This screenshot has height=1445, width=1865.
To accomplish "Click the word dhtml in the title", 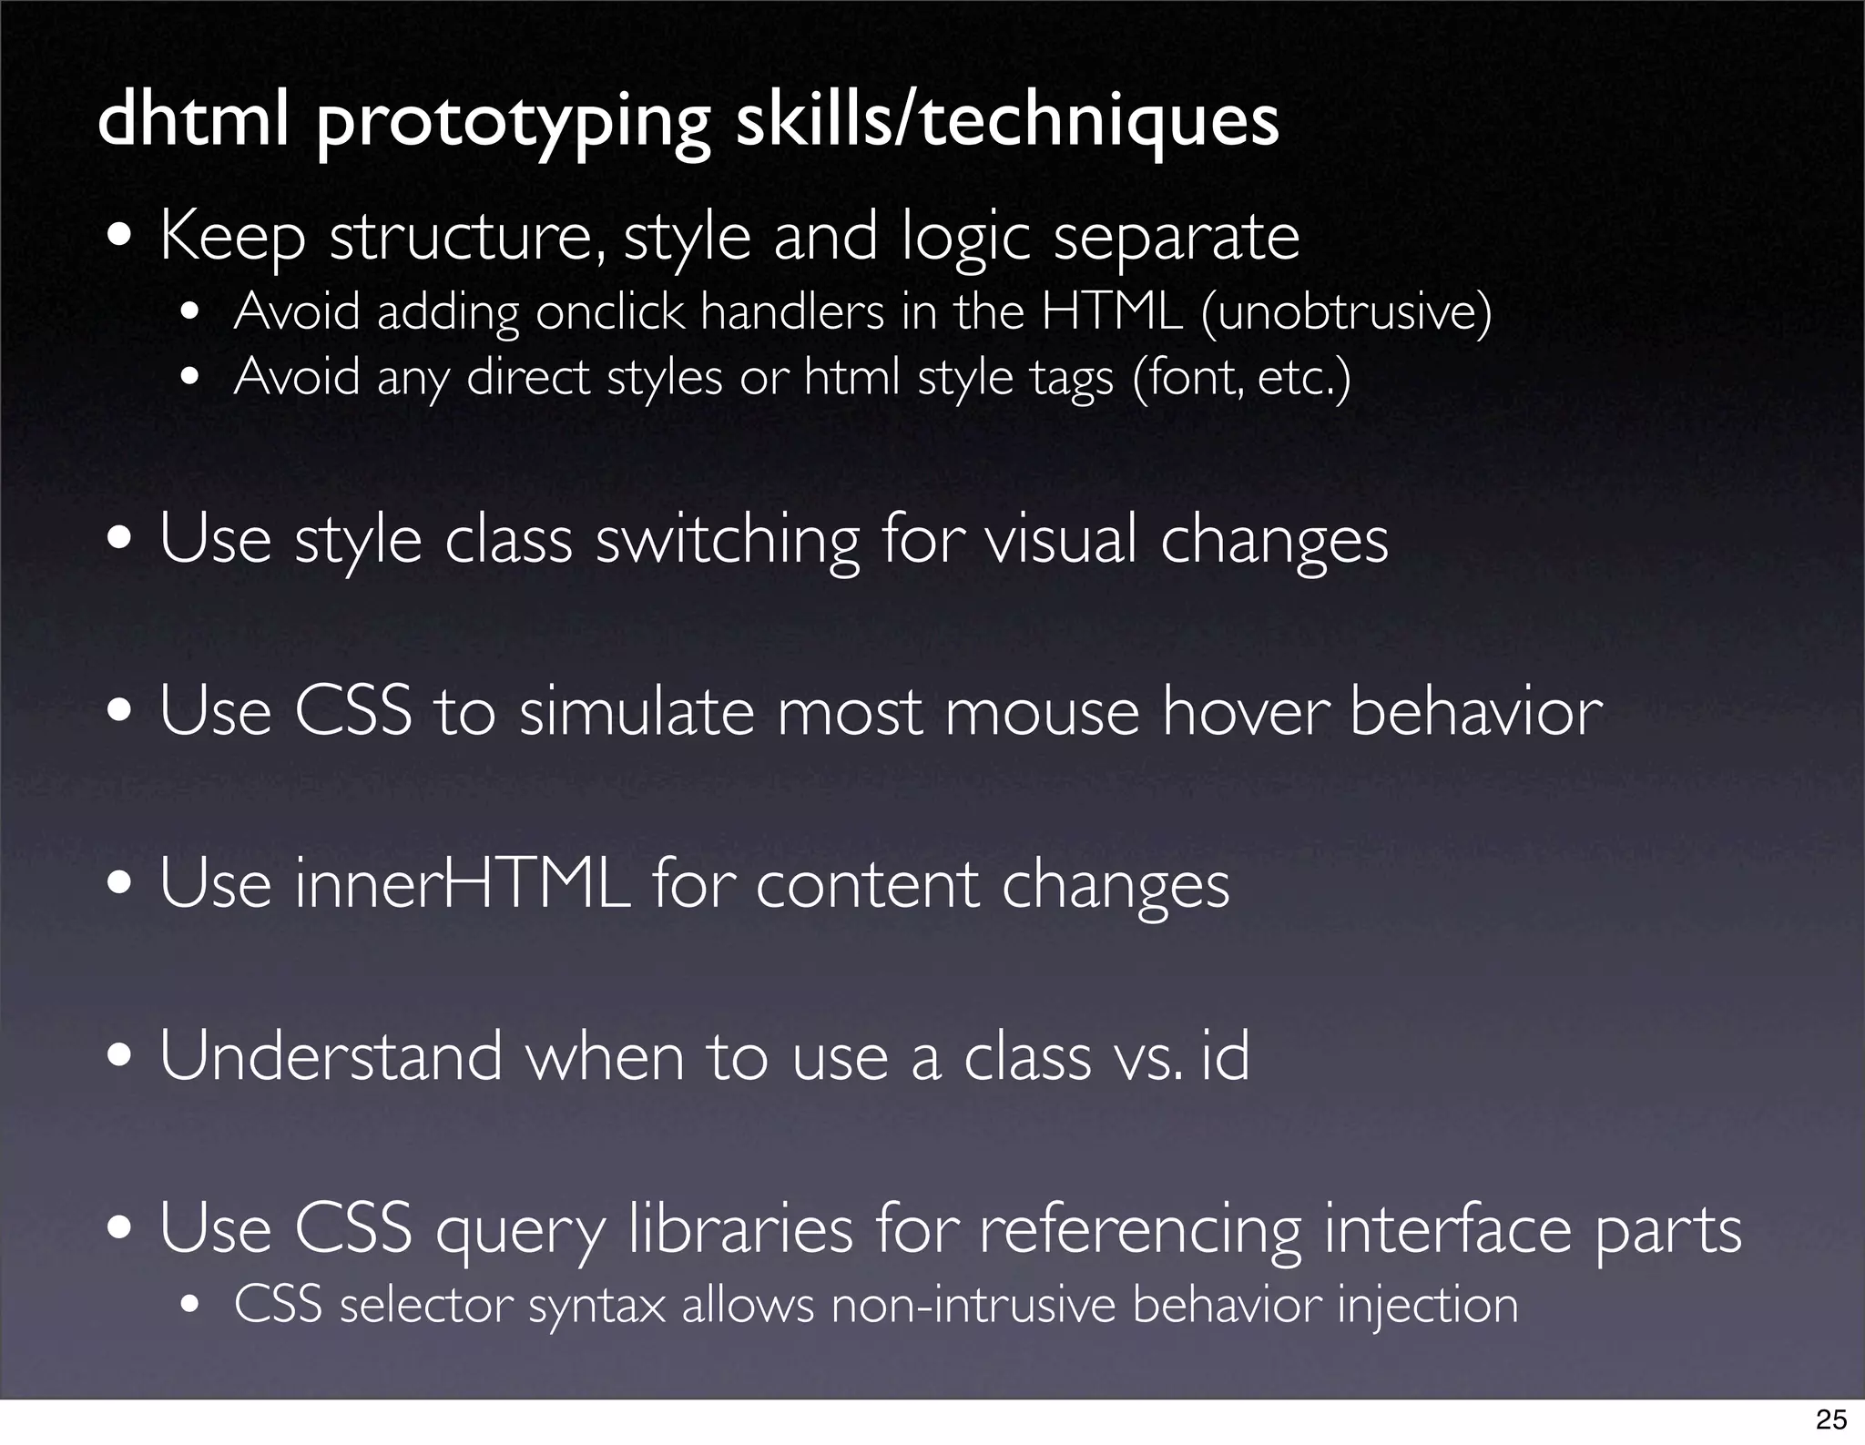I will click(192, 120).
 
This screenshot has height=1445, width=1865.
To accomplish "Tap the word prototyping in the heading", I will click(513, 124).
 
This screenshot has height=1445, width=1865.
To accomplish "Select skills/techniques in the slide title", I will click(1006, 122).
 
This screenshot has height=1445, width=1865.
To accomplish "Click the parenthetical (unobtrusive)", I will click(1346, 312).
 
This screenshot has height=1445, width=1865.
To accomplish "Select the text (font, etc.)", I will click(1241, 377).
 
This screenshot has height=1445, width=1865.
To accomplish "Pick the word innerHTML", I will click(463, 884).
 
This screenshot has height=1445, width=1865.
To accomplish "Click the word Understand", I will click(331, 1056).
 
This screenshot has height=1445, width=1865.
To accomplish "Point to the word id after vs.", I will click(1225, 1056).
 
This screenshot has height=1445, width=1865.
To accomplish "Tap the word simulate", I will click(637, 711).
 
